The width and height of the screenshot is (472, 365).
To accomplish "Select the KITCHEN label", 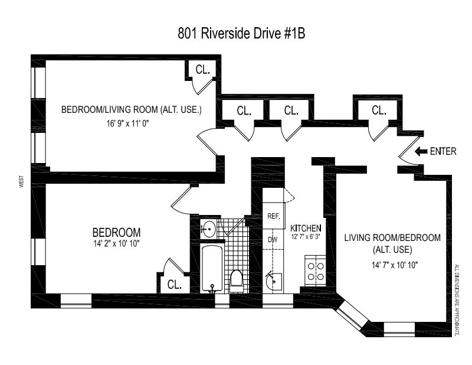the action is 306,228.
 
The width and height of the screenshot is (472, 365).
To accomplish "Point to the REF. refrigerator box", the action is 273,216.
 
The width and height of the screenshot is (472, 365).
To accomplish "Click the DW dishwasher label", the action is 273,240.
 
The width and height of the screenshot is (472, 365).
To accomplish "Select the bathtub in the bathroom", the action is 211,269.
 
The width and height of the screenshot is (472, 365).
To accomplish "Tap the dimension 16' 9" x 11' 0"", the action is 133,124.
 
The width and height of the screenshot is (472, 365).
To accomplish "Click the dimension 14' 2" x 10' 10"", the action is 116,243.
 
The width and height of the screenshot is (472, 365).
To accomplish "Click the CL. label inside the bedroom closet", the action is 174,284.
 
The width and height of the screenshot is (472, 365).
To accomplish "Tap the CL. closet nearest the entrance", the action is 379,110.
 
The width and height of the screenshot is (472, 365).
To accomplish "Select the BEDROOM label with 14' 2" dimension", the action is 116,232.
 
